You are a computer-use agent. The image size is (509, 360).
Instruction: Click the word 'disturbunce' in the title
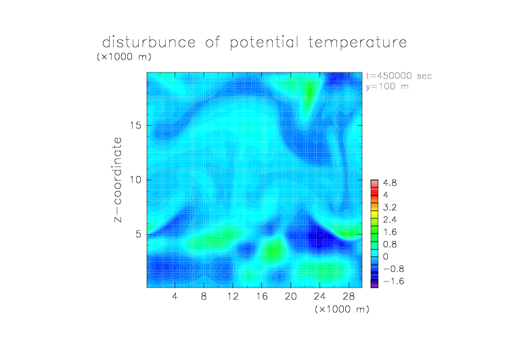[149, 42]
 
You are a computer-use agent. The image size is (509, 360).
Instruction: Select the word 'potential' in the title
[264, 43]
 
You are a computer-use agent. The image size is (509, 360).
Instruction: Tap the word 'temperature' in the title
[357, 43]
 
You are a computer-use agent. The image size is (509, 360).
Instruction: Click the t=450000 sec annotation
[399, 76]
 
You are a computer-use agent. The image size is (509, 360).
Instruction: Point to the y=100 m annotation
[387, 87]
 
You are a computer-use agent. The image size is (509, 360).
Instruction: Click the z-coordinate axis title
[118, 179]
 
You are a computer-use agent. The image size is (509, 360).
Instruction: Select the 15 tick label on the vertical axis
[135, 125]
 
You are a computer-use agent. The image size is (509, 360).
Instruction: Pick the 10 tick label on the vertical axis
[135, 180]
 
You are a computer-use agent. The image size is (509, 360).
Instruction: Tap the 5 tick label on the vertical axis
[139, 234]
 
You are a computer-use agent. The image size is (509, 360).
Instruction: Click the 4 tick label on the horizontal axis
[175, 296]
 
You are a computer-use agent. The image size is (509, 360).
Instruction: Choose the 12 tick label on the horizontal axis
[233, 296]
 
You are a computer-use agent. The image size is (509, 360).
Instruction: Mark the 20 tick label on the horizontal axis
[290, 296]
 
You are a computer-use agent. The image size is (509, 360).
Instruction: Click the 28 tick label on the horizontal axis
[349, 296]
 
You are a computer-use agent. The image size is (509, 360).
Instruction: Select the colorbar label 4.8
[390, 183]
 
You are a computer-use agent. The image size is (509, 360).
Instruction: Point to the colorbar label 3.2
[390, 208]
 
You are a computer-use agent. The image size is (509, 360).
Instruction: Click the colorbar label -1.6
[393, 281]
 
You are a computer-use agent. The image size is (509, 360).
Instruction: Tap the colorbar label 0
[386, 256]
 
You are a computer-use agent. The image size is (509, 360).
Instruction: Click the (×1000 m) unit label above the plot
[124, 56]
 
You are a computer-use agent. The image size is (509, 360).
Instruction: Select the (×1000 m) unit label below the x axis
[342, 309]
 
